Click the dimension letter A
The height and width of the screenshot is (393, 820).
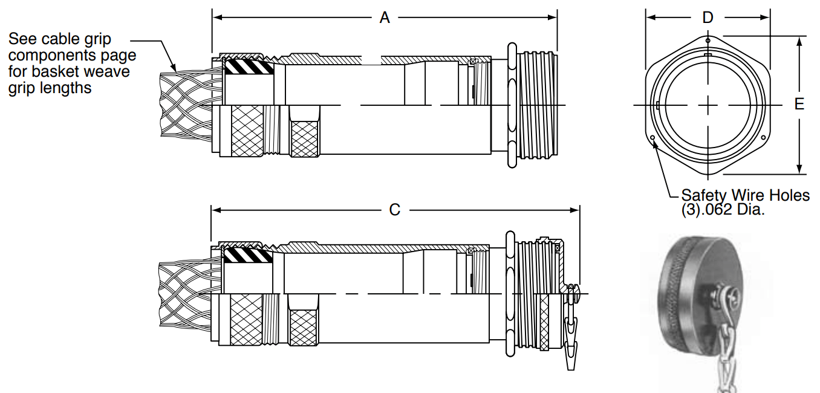click(385, 18)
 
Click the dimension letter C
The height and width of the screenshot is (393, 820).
click(395, 210)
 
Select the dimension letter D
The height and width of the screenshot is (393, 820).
click(708, 18)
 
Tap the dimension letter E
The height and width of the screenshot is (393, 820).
click(799, 104)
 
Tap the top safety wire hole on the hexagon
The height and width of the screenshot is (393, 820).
click(708, 41)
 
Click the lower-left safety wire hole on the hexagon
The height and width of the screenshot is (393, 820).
click(652, 138)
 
